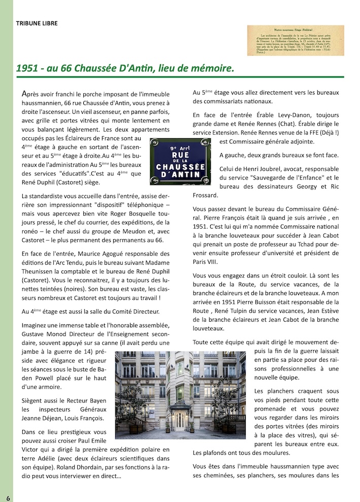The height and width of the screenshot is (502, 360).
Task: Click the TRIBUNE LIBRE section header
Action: coord(37,23)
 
